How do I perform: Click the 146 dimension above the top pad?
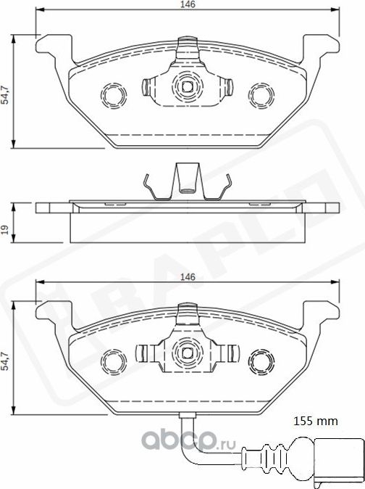point(188,4)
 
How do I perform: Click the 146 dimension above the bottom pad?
point(188,276)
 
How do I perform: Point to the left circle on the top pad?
point(114,94)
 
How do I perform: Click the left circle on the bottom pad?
point(113,360)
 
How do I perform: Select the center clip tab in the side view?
point(187,178)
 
